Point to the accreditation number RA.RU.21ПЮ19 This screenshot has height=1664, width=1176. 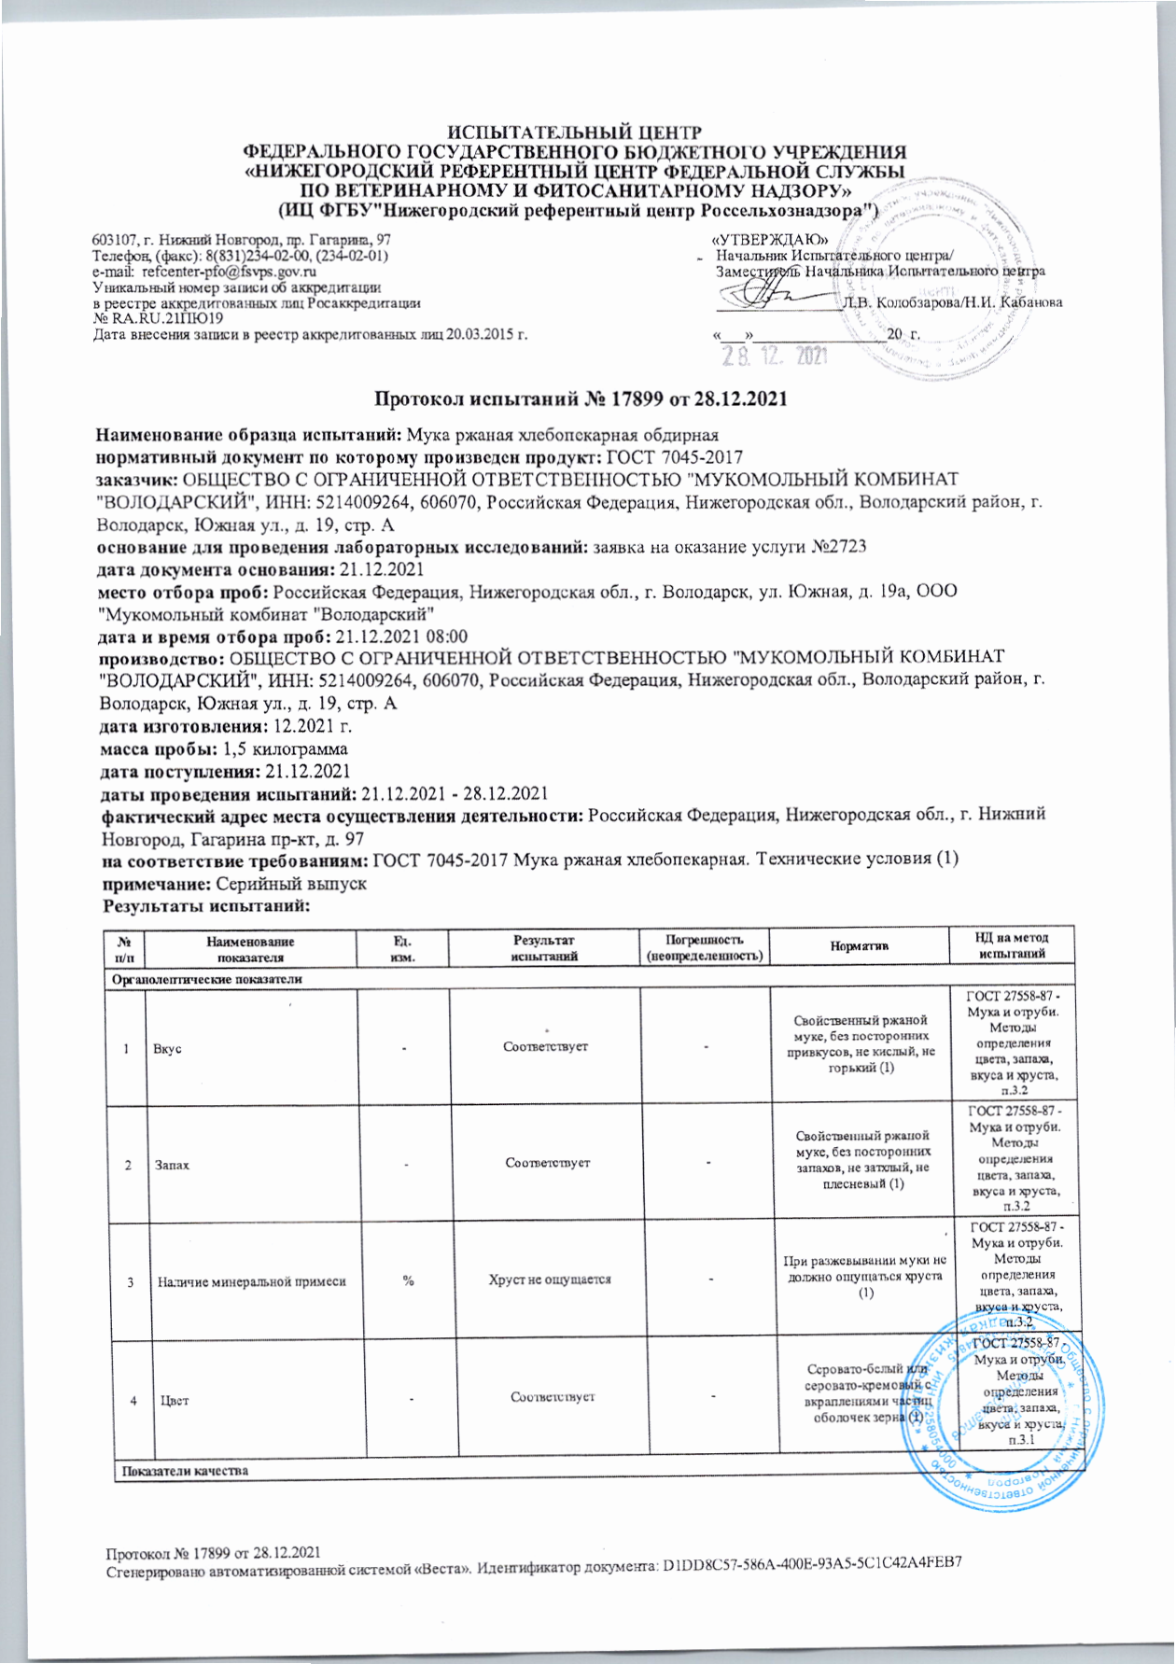164,318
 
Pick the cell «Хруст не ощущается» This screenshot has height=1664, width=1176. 545,1279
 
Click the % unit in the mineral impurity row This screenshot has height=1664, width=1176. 408,1279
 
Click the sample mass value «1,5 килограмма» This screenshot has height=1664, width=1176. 286,749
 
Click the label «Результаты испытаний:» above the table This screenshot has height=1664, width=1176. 205,905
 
